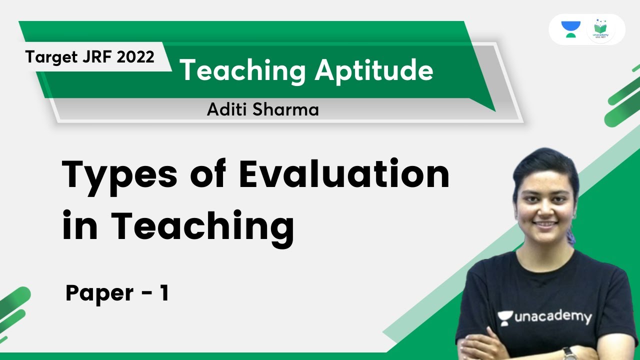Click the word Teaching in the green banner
(x=242, y=70)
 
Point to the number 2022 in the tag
(x=135, y=57)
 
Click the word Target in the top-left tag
(x=48, y=57)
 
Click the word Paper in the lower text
(x=98, y=293)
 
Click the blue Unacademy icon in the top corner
(x=570, y=29)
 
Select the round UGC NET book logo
(x=600, y=29)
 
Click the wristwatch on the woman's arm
(x=569, y=353)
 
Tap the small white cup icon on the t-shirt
(x=505, y=317)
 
